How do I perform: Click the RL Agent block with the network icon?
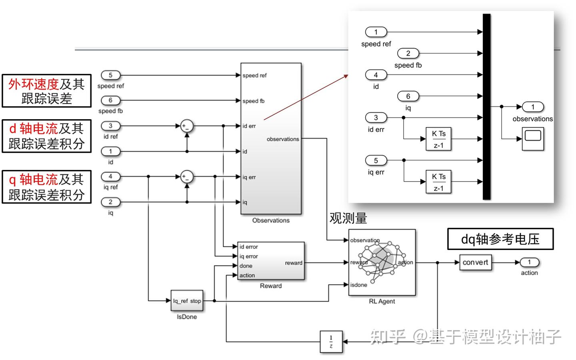tap(382, 262)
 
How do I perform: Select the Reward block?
tap(271, 261)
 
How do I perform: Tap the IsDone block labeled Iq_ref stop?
tap(187, 301)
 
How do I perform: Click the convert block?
tap(475, 262)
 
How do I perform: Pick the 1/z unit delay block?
tap(331, 342)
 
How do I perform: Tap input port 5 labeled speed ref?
tap(110, 75)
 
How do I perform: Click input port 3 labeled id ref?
tap(110, 126)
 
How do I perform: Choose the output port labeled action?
tap(529, 262)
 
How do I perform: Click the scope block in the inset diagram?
tap(533, 139)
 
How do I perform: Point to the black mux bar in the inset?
tap(486, 106)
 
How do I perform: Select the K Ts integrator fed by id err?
tap(438, 139)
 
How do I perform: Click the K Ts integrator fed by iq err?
tap(438, 182)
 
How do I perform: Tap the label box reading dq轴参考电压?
tap(500, 239)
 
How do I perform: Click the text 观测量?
tap(348, 218)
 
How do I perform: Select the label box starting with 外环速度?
tap(46, 91)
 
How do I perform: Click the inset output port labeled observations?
tap(532, 107)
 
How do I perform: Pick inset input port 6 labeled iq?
tap(408, 96)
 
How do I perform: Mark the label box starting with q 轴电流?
tap(46, 187)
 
